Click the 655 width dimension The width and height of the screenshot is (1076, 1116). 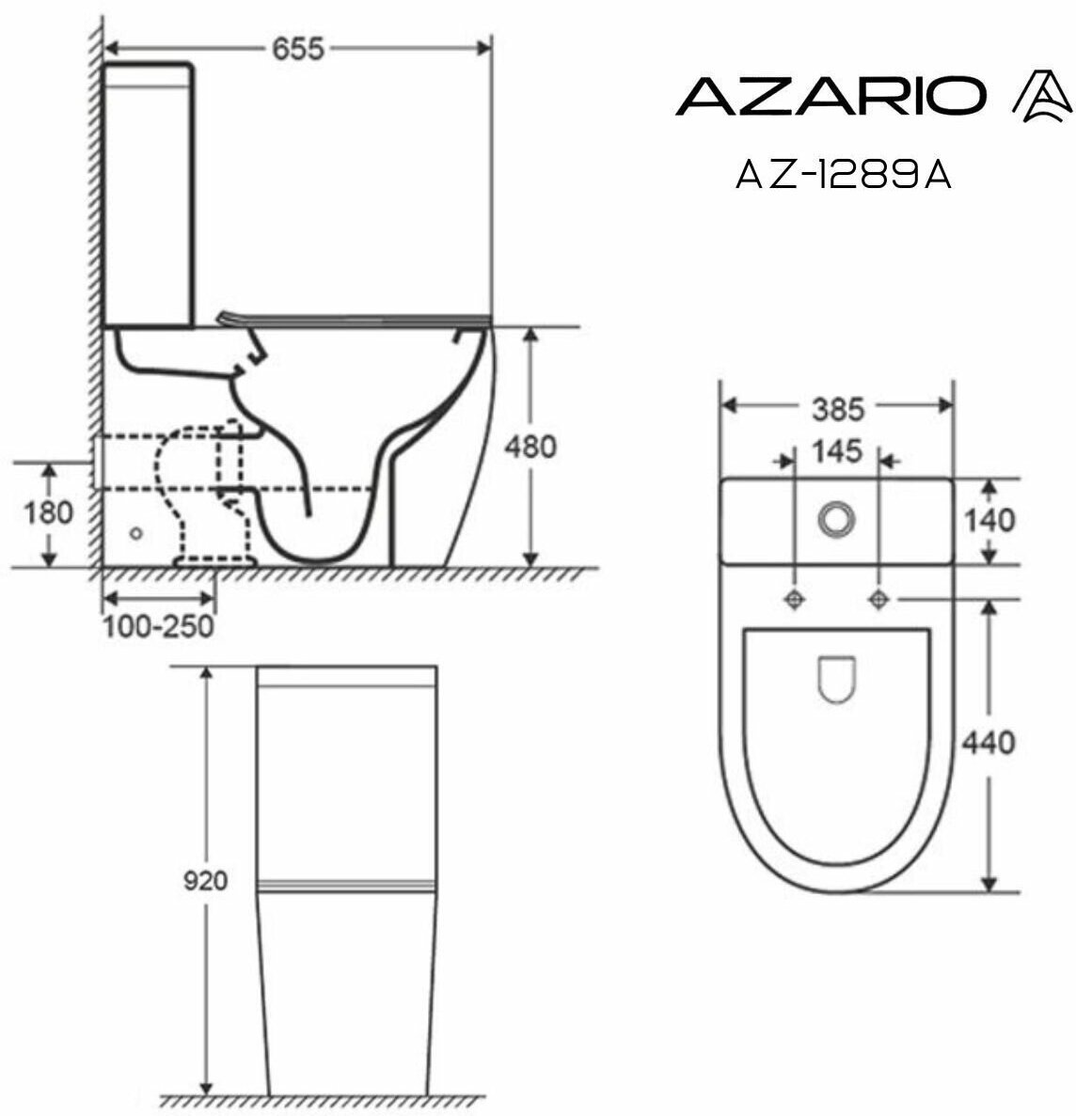tap(298, 49)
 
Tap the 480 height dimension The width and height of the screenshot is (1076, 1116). tap(530, 447)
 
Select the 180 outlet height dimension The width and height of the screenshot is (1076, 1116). tap(48, 512)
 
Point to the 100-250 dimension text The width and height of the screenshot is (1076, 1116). tap(158, 627)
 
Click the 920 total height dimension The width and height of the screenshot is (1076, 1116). tap(206, 881)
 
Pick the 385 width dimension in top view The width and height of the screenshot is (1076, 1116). tap(838, 409)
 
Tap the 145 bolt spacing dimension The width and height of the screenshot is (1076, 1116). tap(837, 451)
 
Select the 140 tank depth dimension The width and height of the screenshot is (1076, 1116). tap(989, 521)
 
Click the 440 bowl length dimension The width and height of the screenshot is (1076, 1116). tap(989, 743)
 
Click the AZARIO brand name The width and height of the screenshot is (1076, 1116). tap(831, 96)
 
